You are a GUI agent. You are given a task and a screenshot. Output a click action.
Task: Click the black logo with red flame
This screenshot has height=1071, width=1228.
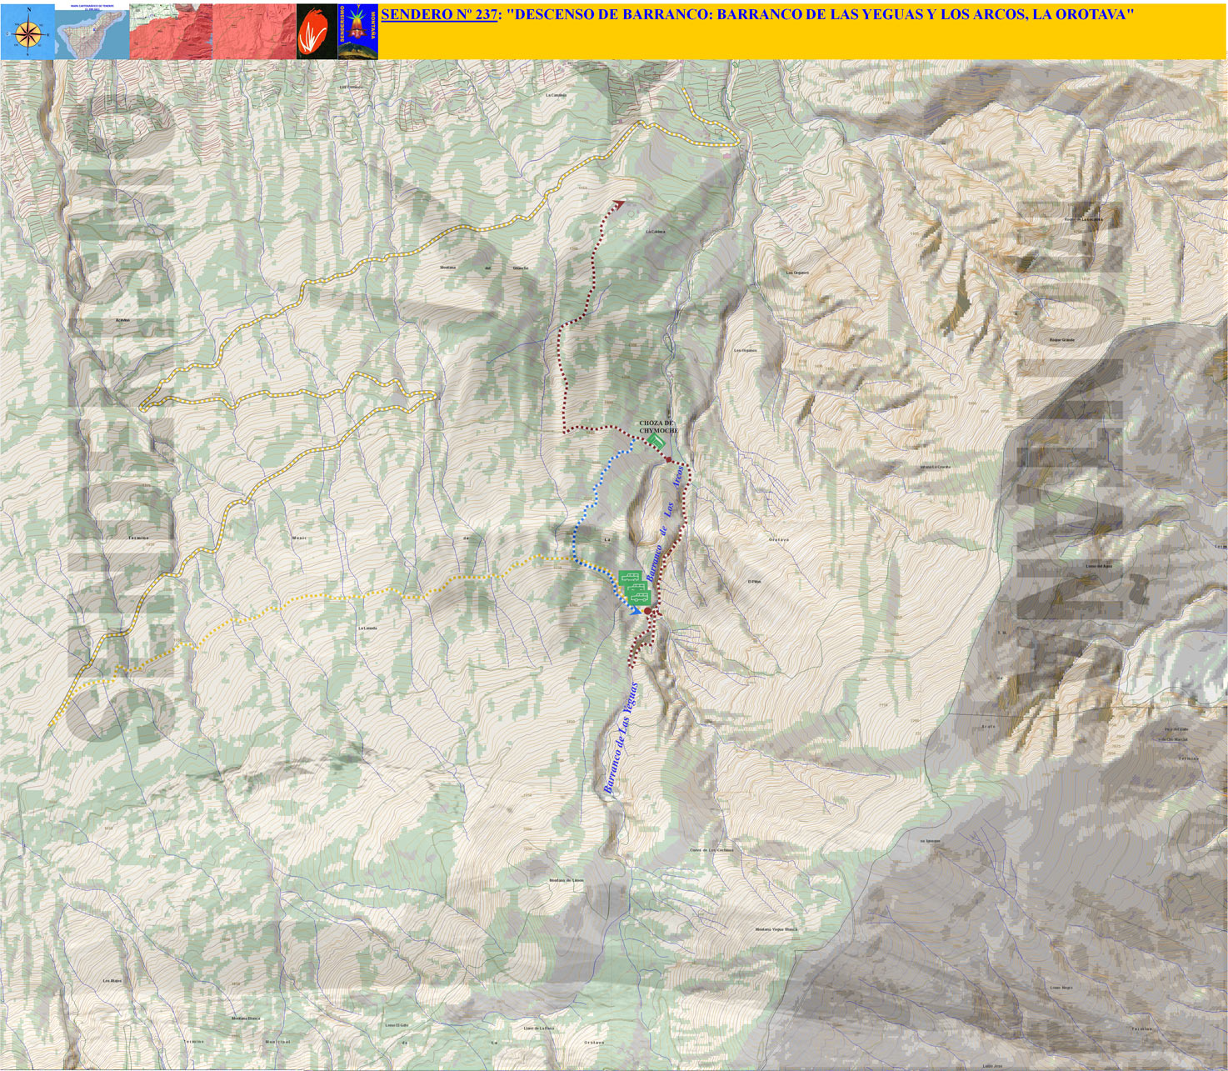click(316, 33)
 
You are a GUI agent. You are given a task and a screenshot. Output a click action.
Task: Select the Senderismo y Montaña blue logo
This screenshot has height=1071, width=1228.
click(357, 33)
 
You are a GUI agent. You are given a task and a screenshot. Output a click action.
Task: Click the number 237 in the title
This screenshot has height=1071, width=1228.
click(480, 14)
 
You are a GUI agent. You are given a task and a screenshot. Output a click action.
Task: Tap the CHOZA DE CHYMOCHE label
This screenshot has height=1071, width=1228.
click(657, 427)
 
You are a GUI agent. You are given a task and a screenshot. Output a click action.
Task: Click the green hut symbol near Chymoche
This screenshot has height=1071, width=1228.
click(656, 440)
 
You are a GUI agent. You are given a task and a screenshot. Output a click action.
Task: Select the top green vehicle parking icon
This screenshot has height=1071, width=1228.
click(631, 578)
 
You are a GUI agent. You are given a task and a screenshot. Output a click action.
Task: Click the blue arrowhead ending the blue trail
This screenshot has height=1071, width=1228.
click(636, 610)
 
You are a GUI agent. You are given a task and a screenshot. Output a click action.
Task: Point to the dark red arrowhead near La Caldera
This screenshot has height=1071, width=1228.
click(618, 203)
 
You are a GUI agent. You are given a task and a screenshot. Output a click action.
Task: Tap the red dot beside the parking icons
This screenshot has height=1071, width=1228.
click(647, 611)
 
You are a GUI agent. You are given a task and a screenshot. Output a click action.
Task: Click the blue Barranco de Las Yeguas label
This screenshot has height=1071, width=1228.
click(621, 738)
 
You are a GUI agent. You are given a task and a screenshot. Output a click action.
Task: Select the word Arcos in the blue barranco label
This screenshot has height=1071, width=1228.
click(678, 476)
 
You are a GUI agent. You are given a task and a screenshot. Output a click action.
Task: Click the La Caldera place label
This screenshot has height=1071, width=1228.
click(556, 95)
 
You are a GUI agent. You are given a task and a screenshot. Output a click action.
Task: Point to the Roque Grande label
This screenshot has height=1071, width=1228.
click(1061, 340)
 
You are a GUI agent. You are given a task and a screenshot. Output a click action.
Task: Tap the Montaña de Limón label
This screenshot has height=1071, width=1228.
click(567, 880)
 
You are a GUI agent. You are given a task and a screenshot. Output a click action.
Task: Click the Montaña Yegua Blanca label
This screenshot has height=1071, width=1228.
click(776, 929)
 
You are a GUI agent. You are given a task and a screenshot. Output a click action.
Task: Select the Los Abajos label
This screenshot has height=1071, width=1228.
click(112, 981)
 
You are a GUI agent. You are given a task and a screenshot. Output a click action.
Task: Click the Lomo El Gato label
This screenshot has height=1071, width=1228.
click(397, 1025)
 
